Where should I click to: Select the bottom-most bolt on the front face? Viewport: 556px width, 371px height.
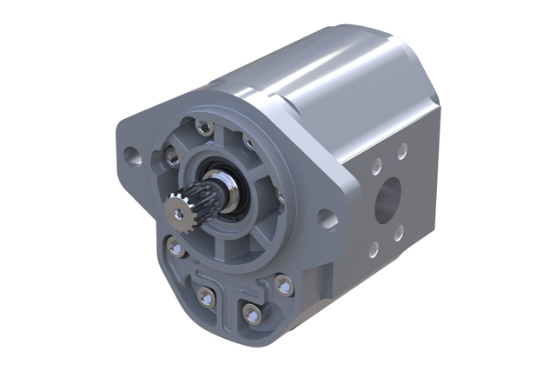tap(252, 312)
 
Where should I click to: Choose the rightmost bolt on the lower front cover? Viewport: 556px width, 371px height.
tap(283, 282)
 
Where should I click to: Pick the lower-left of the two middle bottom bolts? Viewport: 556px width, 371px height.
tap(207, 296)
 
